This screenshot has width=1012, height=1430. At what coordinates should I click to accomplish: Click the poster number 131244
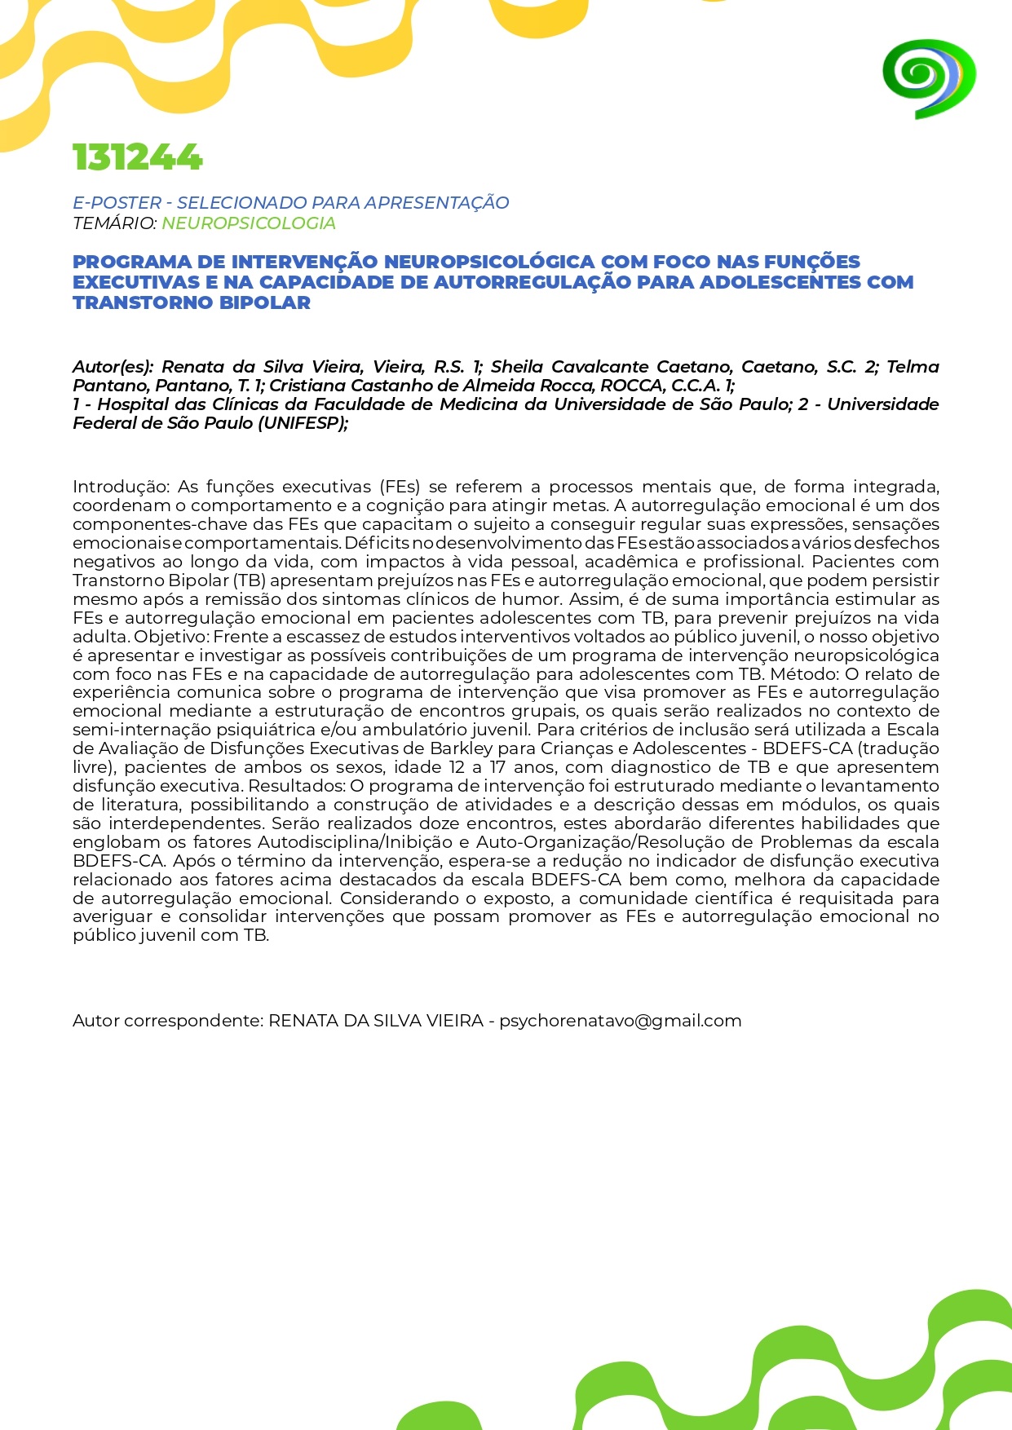137,157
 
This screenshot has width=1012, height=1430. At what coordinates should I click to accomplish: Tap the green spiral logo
928,78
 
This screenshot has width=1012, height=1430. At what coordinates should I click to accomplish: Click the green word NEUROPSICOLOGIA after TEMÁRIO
249,223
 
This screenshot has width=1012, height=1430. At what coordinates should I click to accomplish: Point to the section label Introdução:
122,487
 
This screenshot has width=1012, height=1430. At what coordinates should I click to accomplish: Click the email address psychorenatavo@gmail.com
620,1021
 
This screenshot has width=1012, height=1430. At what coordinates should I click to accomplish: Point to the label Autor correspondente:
168,1021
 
